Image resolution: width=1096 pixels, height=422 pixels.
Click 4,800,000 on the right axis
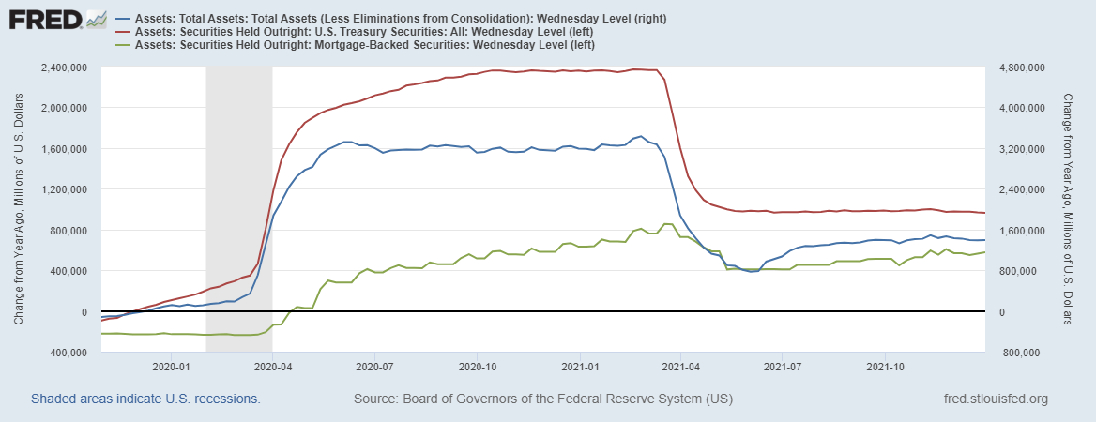click(1021, 68)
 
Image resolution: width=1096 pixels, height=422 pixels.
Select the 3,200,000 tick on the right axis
click(1021, 149)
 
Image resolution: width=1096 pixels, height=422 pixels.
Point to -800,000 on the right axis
click(1019, 354)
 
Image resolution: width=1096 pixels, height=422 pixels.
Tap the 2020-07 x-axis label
click(374, 367)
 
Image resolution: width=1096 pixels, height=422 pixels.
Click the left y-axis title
click(20, 209)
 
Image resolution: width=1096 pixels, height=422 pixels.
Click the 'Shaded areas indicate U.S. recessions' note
click(145, 399)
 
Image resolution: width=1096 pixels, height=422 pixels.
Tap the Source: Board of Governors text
click(542, 399)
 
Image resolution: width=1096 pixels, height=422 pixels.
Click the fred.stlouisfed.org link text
click(995, 399)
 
